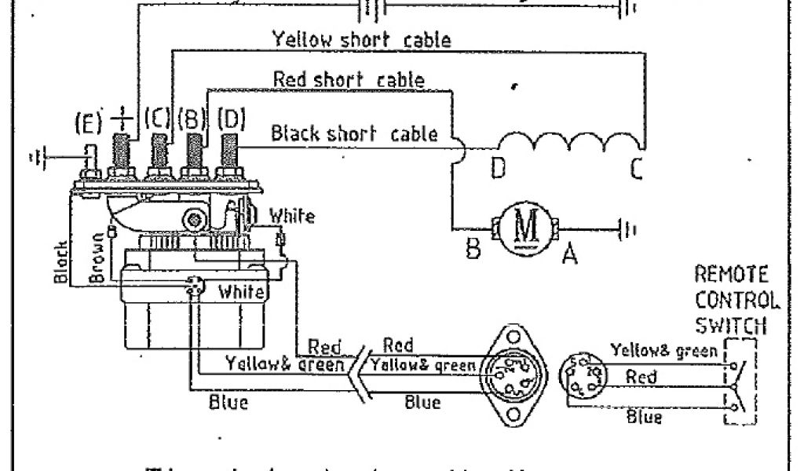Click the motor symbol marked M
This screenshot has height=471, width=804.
coord(523,229)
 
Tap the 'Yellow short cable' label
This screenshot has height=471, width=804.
coord(361,38)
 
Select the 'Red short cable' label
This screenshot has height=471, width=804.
coord(349,80)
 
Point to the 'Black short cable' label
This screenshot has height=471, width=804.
coord(354,133)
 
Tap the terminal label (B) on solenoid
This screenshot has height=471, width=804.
coord(192,119)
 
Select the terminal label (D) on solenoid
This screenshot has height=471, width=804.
coord(231,119)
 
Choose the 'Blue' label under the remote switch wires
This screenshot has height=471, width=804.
coord(644,417)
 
